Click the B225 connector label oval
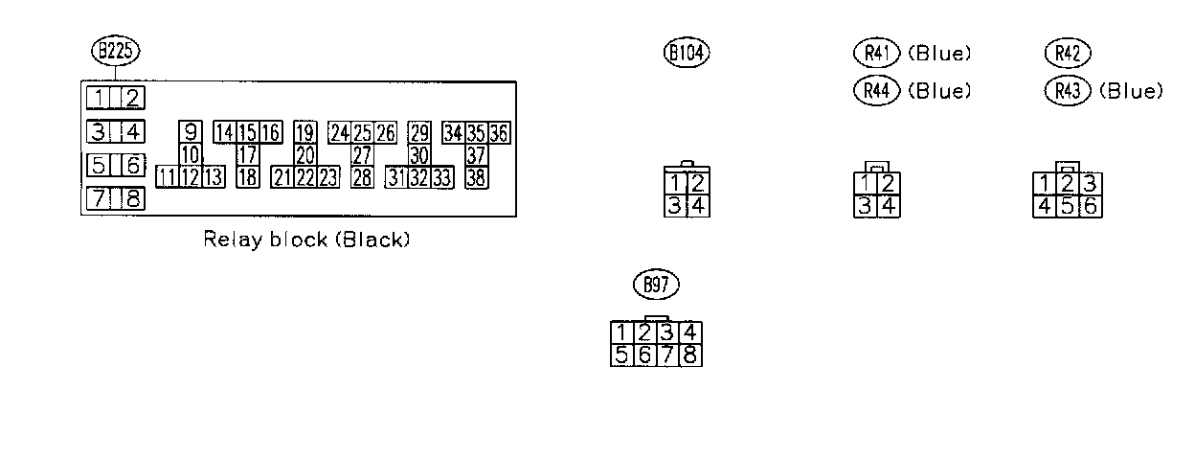click(x=115, y=52)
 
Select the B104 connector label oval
click(x=687, y=53)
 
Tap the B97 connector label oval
click(x=657, y=285)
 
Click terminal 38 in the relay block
click(x=476, y=176)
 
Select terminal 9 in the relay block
click(x=191, y=133)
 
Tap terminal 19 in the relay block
click(x=305, y=133)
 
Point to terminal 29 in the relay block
click(x=419, y=133)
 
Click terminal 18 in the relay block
click(x=247, y=176)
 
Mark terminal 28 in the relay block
click(x=362, y=176)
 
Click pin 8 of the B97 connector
click(x=692, y=355)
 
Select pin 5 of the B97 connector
click(x=622, y=355)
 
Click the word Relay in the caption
click(x=226, y=240)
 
